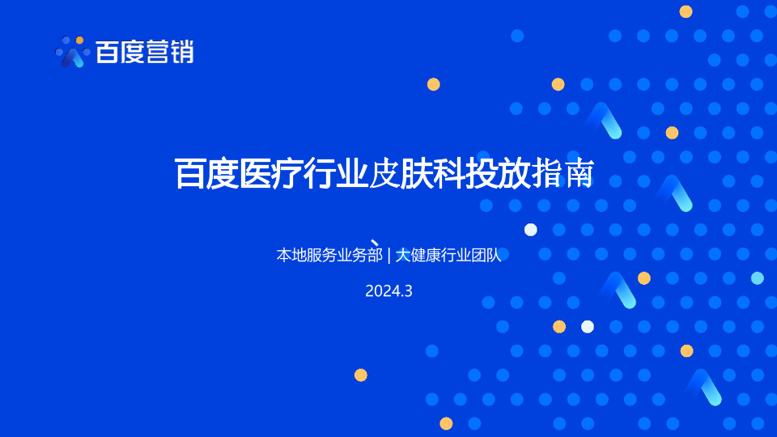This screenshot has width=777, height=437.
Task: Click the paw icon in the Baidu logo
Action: (x=72, y=52)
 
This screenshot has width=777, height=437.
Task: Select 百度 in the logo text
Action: (x=120, y=52)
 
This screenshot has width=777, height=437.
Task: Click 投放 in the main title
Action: (x=497, y=174)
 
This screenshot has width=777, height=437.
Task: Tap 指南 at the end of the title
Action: (x=562, y=174)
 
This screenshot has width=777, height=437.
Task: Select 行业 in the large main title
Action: (x=335, y=174)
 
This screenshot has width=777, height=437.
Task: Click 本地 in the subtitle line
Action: (x=291, y=255)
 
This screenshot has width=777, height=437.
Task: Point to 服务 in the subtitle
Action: (x=321, y=255)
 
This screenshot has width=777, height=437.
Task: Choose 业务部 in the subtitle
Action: (x=359, y=255)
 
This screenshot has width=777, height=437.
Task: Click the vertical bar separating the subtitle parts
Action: (x=389, y=255)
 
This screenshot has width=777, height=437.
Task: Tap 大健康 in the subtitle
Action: (x=418, y=255)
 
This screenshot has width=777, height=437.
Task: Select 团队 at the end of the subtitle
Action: (x=486, y=255)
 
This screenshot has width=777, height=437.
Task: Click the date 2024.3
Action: (x=388, y=291)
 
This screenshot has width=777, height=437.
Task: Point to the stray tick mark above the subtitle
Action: (x=375, y=243)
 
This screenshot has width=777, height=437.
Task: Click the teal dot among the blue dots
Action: (x=758, y=278)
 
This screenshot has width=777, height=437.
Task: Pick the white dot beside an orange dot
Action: (x=588, y=326)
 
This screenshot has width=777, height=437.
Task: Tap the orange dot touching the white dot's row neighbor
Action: (x=559, y=326)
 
